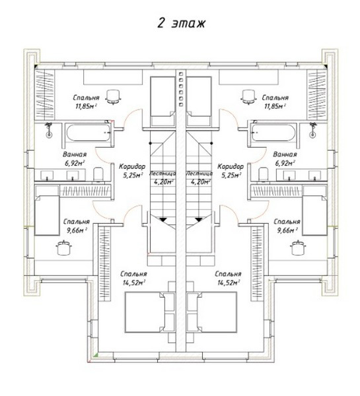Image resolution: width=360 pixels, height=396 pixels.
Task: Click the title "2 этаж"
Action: (x=181, y=23)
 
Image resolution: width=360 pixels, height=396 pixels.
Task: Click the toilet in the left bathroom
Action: (x=98, y=174)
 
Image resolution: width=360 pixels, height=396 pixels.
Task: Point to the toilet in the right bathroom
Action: (x=264, y=174)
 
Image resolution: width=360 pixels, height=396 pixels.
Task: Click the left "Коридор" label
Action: (x=132, y=166)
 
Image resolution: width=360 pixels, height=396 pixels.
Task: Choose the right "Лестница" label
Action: (x=199, y=174)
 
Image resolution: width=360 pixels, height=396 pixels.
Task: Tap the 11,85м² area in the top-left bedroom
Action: (x=86, y=106)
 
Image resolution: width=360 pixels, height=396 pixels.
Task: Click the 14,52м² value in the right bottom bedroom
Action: (x=229, y=282)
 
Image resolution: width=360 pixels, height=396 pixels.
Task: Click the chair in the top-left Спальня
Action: (x=112, y=97)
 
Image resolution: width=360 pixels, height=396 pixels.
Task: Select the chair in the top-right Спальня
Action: (x=248, y=97)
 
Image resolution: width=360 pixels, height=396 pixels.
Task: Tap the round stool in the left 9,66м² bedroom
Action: (x=63, y=248)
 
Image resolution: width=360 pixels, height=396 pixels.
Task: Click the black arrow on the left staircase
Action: (x=163, y=220)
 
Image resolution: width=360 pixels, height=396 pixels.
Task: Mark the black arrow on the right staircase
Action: (x=198, y=220)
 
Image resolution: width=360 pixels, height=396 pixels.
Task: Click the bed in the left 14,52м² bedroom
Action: (x=145, y=312)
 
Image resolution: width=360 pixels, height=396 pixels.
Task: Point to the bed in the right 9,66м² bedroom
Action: (x=314, y=215)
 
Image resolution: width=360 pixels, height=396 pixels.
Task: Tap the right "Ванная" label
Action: (x=285, y=154)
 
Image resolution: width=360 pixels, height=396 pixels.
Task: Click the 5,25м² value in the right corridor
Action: (x=231, y=175)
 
